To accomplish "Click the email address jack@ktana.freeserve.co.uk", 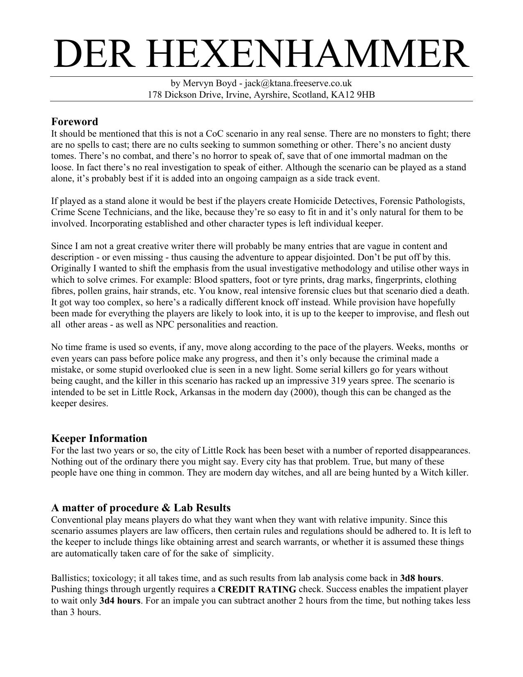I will tap(298, 83).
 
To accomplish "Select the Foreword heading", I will tap(75, 122).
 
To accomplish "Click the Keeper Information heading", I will tap(99, 438).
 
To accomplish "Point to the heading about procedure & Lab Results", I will tap(141, 508).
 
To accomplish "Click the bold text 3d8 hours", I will tap(421, 578).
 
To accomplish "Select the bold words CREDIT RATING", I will tap(257, 590).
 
